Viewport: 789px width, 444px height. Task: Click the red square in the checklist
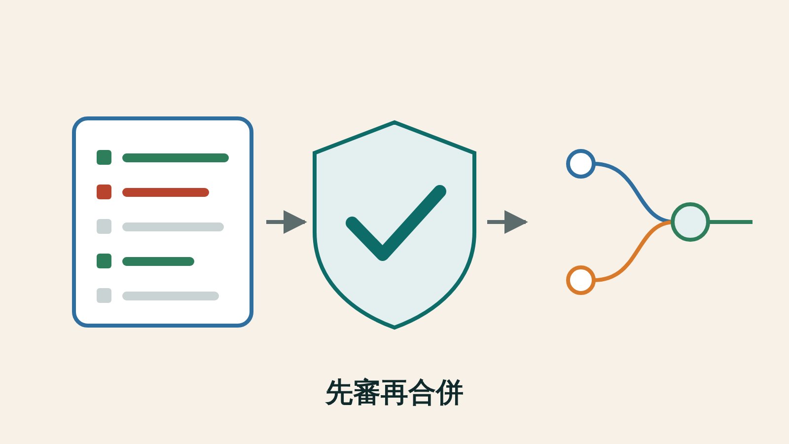(104, 192)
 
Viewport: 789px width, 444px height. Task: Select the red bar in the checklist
(166, 192)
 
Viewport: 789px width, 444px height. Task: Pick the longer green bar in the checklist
(176, 158)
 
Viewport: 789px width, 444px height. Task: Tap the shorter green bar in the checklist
(158, 261)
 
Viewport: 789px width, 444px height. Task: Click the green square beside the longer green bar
(104, 157)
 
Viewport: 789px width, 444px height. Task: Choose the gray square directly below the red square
(104, 226)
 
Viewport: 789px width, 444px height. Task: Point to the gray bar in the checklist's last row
(171, 296)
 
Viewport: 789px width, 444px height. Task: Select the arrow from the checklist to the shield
(287, 222)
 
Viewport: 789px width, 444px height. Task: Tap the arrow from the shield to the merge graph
(507, 222)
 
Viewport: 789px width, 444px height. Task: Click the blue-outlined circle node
(581, 164)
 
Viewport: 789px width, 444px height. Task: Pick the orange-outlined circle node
(581, 280)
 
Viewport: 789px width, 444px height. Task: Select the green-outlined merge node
(690, 222)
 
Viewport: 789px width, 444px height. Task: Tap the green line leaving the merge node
(731, 222)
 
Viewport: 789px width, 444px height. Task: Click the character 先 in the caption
(339, 393)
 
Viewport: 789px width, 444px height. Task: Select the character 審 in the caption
(366, 393)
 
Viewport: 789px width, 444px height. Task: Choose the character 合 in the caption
(422, 393)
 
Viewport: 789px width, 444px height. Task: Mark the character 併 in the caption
(449, 393)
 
